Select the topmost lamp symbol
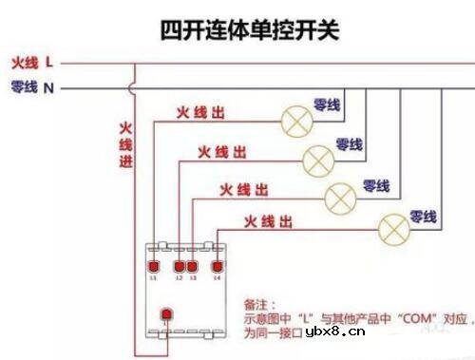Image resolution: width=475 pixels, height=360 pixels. coord(294,119)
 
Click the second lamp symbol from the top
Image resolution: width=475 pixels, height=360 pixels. coord(315,159)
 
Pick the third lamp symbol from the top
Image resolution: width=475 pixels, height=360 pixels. coord(340,198)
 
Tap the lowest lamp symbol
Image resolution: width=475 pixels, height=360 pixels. coord(392,229)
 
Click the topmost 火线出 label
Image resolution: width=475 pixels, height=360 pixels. coord(200,113)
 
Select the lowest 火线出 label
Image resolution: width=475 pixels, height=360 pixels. coord(267,222)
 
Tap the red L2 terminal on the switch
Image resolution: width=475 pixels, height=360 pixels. coord(179,268)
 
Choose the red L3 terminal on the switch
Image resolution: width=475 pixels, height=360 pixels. coord(192,268)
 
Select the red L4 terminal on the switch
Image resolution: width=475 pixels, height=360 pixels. coord(218,268)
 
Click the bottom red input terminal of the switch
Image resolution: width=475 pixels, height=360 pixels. coord(166,313)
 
